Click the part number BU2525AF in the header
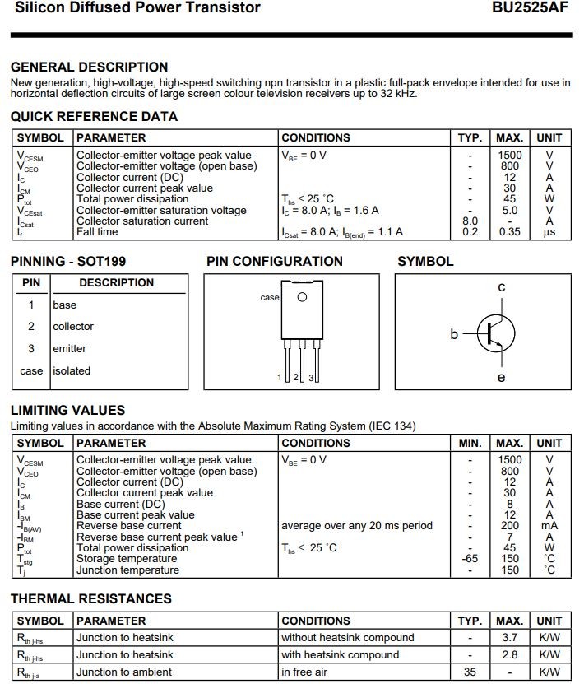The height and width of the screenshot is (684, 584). pyautogui.click(x=532, y=8)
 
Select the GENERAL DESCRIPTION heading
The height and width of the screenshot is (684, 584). pyautogui.click(x=89, y=67)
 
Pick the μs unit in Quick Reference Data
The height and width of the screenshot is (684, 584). pyautogui.click(x=549, y=232)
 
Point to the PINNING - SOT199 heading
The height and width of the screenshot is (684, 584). pyautogui.click(x=68, y=262)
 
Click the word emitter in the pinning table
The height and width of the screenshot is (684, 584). pyautogui.click(x=70, y=349)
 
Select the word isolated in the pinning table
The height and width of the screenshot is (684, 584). pyautogui.click(x=72, y=371)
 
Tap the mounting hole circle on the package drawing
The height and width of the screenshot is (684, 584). pyautogui.click(x=302, y=297)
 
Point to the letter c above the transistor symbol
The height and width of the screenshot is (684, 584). pyautogui.click(x=501, y=287)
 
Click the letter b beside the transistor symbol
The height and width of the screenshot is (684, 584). pyautogui.click(x=454, y=334)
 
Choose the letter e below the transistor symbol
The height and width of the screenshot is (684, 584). pyautogui.click(x=501, y=378)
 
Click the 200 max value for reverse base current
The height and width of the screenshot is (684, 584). pyautogui.click(x=509, y=526)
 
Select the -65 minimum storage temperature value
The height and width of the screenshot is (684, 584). pyautogui.click(x=470, y=559)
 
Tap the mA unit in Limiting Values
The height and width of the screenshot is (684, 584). pyautogui.click(x=549, y=526)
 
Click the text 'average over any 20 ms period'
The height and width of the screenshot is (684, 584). pyautogui.click(x=356, y=526)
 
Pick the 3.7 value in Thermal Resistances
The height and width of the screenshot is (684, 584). pyautogui.click(x=509, y=637)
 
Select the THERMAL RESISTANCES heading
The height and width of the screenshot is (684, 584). pyautogui.click(x=90, y=599)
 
